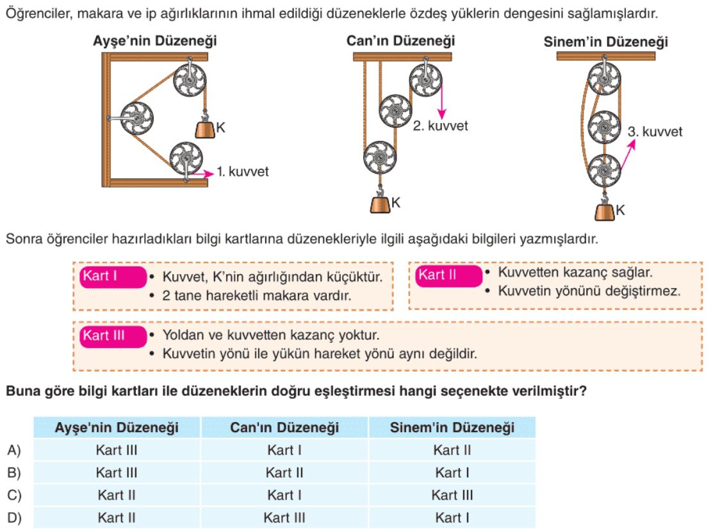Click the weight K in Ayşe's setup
pos(204,129)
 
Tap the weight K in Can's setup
pos(380,204)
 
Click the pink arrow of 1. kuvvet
pos(202,174)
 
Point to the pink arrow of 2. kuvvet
pos(441,101)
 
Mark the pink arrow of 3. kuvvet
pos(628,154)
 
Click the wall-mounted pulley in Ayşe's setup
pos(136,118)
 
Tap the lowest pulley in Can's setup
pos(380,158)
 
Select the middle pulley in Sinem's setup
pos(604,127)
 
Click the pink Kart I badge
pos(113,277)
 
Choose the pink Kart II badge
pos(448,275)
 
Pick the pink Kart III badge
pos(113,336)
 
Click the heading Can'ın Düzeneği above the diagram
pos(400,41)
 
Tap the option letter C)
pos(14,495)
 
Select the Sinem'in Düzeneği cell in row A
pos(452,450)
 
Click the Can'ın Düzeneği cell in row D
pos(284,517)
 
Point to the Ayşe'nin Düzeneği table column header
pos(117,428)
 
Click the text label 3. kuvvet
pos(655,132)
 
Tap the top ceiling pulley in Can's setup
pos(425,80)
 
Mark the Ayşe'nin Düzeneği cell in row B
pos(117,473)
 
